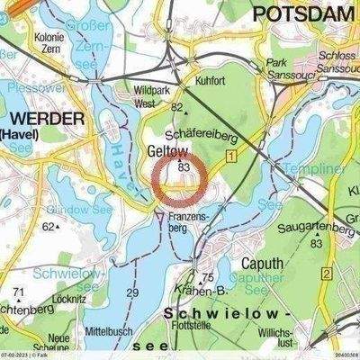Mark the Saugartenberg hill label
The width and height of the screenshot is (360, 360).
[319, 228]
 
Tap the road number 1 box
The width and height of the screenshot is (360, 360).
[231, 157]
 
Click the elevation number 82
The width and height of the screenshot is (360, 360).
[177, 108]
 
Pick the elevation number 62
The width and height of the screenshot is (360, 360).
[47, 227]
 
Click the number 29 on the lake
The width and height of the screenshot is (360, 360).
[132, 293]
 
